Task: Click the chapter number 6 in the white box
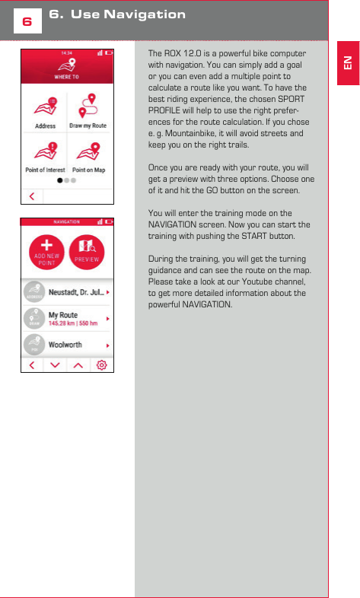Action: pyautogui.click(x=26, y=22)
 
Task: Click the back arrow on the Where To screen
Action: pyautogui.click(x=31, y=196)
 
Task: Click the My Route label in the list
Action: pyautogui.click(x=63, y=314)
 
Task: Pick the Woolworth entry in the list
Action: pyautogui.click(x=66, y=345)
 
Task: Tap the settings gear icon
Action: pyautogui.click(x=101, y=365)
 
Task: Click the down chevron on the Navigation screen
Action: pyautogui.click(x=54, y=365)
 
